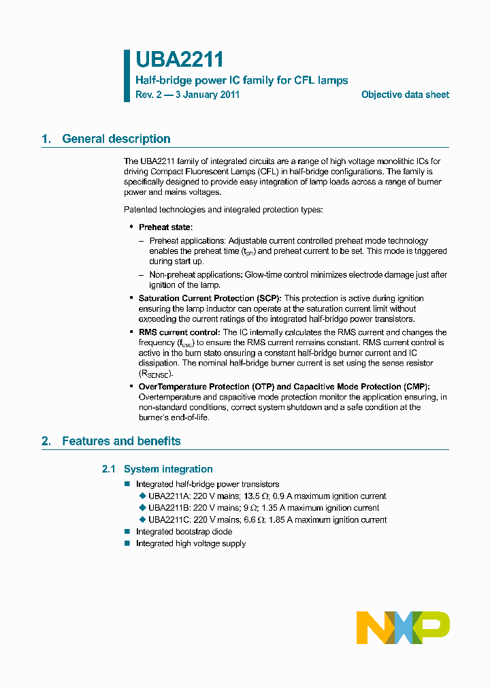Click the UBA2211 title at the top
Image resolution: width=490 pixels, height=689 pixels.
coord(180,61)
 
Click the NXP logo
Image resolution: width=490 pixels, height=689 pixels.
coord(403,627)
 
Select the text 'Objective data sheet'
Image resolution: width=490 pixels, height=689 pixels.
coord(405,95)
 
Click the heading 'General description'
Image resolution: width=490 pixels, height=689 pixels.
coord(116,139)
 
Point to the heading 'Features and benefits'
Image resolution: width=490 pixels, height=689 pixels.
coord(121,441)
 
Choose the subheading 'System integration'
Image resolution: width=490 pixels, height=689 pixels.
coord(168,469)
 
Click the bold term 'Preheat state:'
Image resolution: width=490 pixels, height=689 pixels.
coord(165,227)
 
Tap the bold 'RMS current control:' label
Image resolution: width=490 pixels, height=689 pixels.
coord(179,332)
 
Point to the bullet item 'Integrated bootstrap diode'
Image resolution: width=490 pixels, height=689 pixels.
coord(184,532)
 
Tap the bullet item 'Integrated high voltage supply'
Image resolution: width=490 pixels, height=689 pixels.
coord(191,543)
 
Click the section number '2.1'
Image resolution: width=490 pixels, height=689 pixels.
coord(109,469)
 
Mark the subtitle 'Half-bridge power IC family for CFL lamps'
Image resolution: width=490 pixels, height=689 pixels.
coord(242,80)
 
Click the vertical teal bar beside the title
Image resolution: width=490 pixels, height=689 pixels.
coord(127,76)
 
